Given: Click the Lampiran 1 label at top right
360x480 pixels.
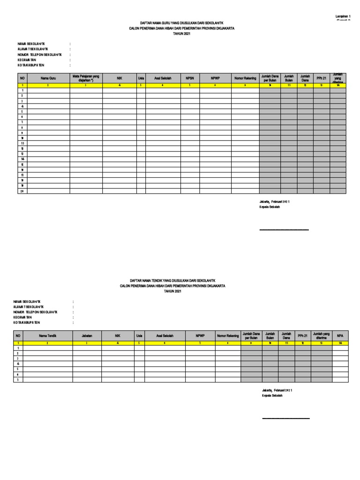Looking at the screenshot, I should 344,16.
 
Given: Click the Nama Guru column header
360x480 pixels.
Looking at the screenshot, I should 48,78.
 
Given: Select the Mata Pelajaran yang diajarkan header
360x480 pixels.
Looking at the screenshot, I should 86,78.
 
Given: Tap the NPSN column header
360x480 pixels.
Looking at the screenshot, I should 190,78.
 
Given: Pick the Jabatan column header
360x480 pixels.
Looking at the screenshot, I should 87,336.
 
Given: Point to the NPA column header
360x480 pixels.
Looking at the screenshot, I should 340,336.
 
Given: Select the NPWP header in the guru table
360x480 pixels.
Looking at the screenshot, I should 215,78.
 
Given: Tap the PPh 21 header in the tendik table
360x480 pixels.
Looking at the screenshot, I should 303,336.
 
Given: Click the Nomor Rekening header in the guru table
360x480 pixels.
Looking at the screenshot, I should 245,78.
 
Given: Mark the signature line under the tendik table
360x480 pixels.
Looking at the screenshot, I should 286,418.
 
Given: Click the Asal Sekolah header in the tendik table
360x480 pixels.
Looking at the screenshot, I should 165,336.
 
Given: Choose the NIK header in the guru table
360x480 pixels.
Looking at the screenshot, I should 119,78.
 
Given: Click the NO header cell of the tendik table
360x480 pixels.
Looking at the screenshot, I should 18,336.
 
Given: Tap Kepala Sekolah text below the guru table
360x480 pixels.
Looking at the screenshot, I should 270,207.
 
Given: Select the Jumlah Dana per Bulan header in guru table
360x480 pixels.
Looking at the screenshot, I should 270,78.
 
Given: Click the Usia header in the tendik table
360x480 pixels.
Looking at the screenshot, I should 139,336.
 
